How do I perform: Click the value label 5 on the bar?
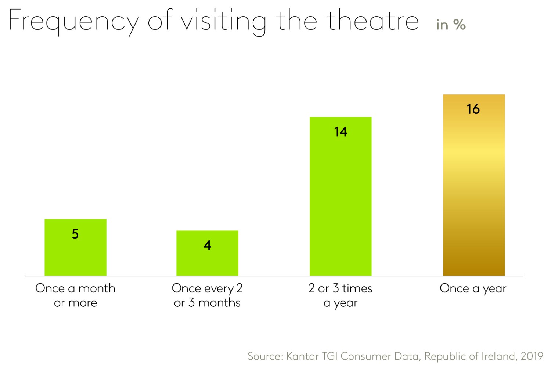[75, 234]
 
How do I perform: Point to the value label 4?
[208, 246]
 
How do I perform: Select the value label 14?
[341, 132]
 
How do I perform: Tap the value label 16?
[473, 109]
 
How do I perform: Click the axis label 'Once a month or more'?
[75, 295]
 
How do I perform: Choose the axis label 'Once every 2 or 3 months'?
[207, 295]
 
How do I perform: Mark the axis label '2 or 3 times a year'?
[341, 295]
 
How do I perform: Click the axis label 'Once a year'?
[473, 289]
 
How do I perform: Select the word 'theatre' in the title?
[372, 21]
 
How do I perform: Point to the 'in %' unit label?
[451, 25]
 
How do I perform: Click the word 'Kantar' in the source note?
[302, 356]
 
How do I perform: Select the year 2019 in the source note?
[532, 356]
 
